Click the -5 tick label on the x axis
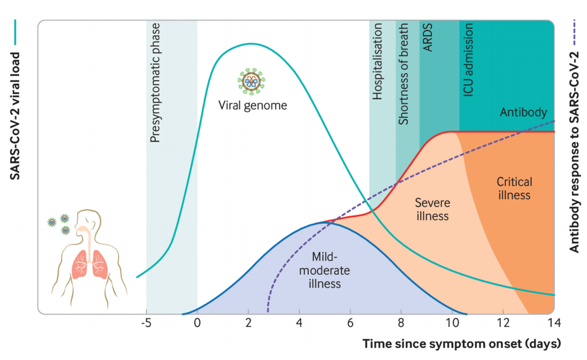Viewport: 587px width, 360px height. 146,323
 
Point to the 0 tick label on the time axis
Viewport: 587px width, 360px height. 197,323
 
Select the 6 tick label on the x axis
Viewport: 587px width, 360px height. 350,323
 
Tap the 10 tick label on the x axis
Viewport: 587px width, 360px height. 452,323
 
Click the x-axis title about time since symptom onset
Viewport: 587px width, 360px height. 461,344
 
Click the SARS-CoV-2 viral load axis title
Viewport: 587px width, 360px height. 15,116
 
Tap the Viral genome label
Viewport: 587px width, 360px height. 253,106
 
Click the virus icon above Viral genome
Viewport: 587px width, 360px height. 251,81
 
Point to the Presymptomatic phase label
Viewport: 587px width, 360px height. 155,83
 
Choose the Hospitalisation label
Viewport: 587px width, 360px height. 377,61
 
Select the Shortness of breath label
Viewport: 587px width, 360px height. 403,74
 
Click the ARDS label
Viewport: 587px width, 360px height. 428,37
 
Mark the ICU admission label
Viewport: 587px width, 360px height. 468,60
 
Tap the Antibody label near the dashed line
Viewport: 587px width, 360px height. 523,112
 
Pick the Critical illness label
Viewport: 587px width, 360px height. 514,188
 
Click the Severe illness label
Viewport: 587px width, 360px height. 432,209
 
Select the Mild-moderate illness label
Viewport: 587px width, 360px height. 324,270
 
